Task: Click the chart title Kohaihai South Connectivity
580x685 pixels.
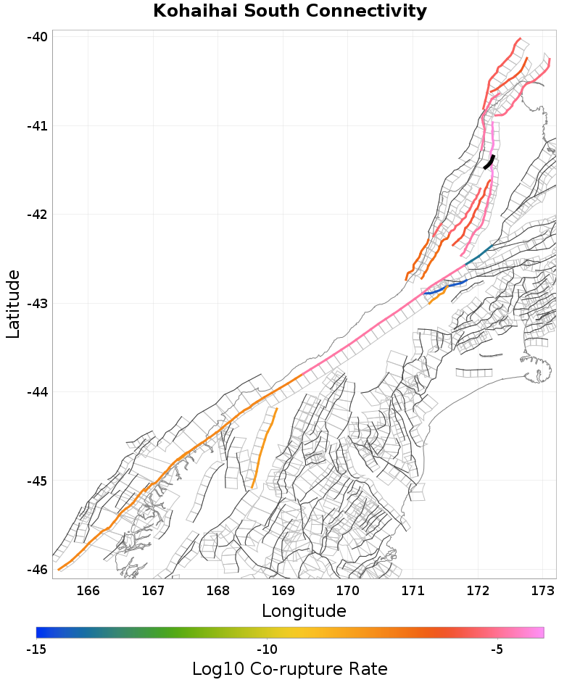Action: click(290, 12)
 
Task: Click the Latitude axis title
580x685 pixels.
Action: click(13, 304)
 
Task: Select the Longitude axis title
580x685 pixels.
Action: click(304, 611)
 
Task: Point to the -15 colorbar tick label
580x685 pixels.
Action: click(36, 649)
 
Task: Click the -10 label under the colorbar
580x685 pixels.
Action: click(268, 649)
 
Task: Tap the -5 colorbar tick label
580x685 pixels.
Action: click(497, 649)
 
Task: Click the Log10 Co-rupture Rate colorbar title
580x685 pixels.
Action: click(290, 669)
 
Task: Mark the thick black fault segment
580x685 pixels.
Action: click(490, 162)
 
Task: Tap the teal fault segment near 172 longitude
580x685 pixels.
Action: click(479, 255)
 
